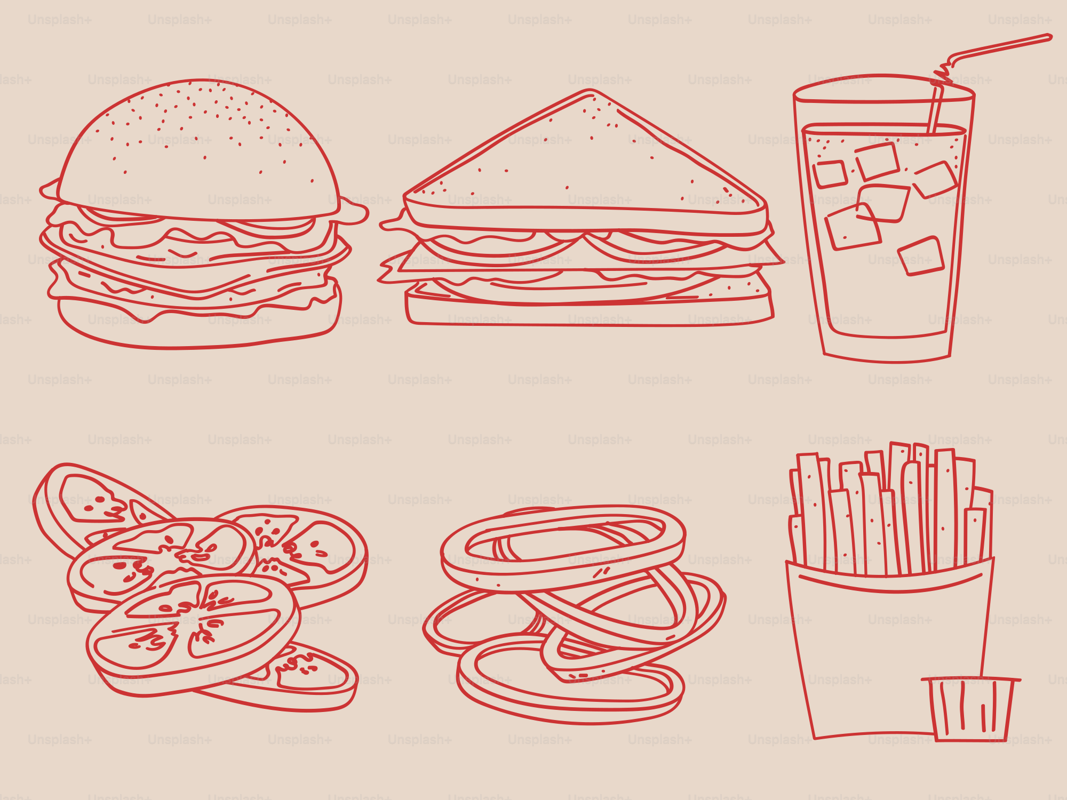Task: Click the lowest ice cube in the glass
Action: [x=921, y=256]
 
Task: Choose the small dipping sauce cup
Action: [x=971, y=709]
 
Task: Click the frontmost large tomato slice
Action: [x=192, y=635]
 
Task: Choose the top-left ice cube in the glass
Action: [x=830, y=174]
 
